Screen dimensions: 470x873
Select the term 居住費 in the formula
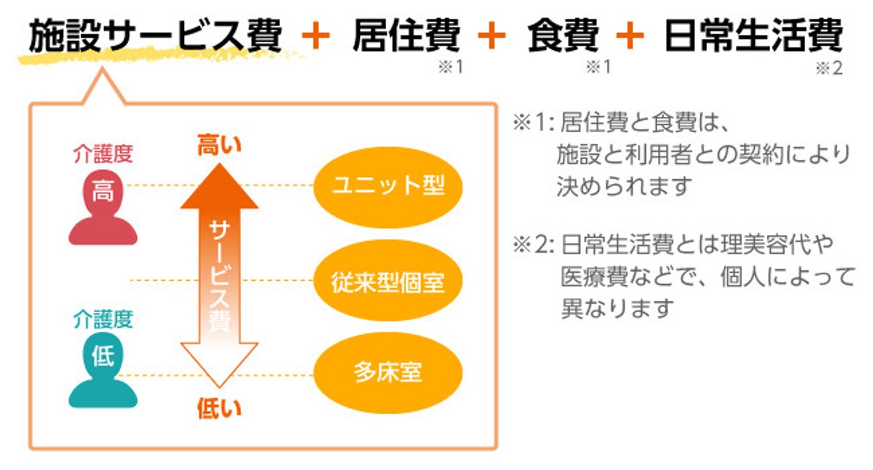[406, 35]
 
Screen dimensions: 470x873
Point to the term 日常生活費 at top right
[753, 35]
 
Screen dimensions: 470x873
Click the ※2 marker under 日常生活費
[828, 68]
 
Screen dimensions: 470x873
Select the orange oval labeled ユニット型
[387, 187]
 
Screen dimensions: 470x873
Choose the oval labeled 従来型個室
[387, 281]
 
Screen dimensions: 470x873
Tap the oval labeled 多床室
[387, 372]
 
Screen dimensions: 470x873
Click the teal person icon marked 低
[103, 371]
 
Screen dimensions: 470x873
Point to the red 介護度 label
[103, 155]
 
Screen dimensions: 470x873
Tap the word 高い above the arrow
[219, 145]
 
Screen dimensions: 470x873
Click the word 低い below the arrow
[219, 408]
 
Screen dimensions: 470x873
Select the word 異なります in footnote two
[617, 308]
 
